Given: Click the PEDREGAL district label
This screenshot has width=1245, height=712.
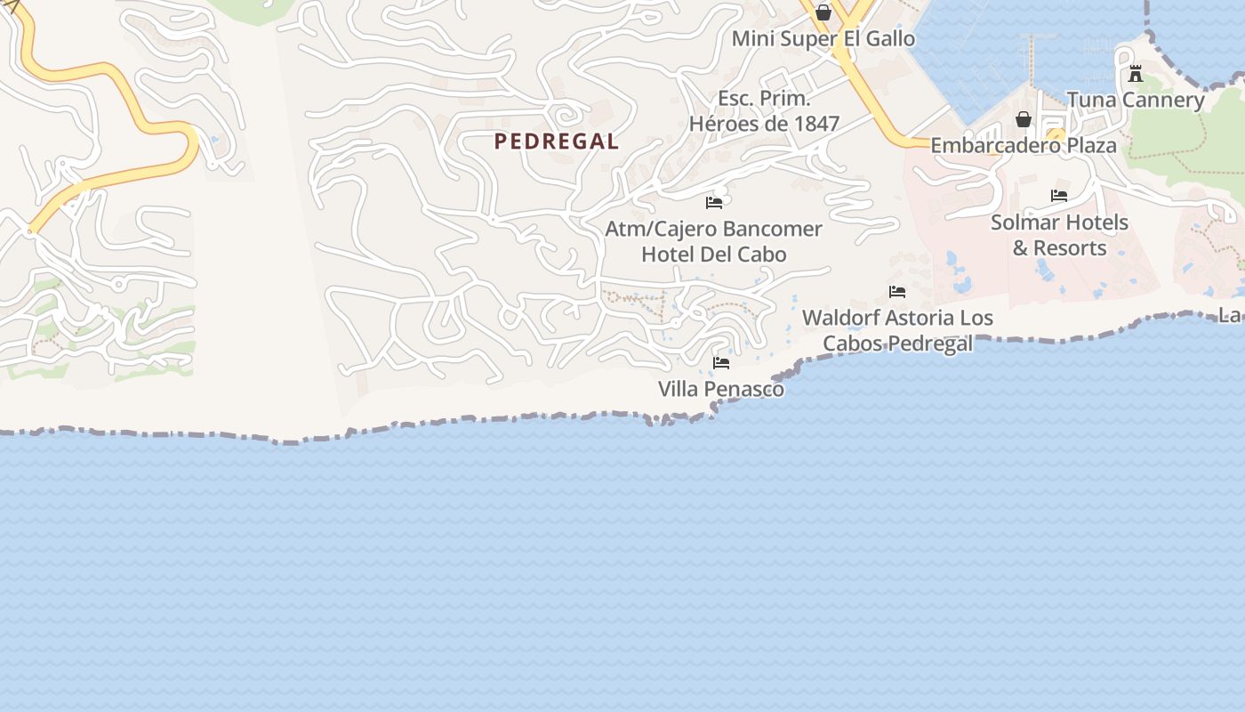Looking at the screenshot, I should click(557, 141).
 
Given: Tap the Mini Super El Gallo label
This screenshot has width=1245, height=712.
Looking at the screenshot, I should click(823, 39).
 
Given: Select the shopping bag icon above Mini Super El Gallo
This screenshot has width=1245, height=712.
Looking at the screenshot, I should click(823, 12).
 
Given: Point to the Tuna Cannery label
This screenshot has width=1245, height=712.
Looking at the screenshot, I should click(1136, 100).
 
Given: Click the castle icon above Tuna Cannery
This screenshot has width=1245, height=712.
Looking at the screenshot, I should click(1136, 74).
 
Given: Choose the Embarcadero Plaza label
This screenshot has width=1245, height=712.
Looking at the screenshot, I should click(1024, 145).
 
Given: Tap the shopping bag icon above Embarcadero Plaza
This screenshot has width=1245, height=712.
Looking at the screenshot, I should click(1024, 119).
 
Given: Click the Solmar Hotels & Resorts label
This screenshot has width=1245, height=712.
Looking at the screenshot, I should click(1059, 235).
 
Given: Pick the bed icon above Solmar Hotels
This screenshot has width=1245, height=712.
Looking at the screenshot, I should click(1059, 196).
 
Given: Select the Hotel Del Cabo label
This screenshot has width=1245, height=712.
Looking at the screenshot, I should click(714, 255).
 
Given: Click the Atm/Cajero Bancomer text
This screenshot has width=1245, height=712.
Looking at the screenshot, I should click(714, 229).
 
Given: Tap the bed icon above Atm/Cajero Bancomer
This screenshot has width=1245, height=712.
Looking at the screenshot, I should click(714, 203).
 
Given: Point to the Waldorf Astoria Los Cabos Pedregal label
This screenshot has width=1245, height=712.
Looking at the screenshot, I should click(897, 330).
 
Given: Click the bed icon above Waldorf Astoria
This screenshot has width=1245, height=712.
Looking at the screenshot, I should click(897, 292).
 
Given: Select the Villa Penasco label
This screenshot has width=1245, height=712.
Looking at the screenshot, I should click(721, 389).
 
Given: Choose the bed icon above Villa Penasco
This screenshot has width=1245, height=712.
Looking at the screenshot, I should click(721, 363).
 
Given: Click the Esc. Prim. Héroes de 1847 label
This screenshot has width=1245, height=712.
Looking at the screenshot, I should click(765, 111).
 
